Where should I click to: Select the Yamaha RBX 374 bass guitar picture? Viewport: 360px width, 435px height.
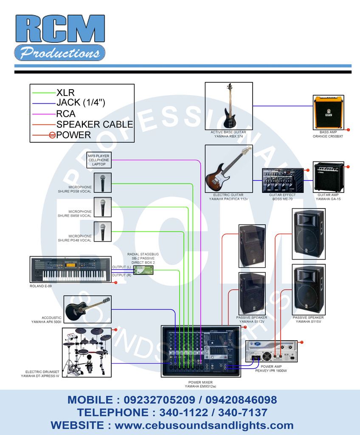(229, 106)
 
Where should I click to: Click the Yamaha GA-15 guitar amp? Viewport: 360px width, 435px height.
(328, 177)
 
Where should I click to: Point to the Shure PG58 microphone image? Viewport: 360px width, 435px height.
(102, 183)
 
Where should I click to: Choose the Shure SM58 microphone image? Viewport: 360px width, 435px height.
(102, 207)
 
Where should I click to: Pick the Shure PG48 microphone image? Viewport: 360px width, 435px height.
(102, 232)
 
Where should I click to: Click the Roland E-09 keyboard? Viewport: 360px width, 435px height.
(70, 269)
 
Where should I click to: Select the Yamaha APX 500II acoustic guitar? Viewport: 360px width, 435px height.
(88, 309)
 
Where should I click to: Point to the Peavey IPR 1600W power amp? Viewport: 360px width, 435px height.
(272, 351)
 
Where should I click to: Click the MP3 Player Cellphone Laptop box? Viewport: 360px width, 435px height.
(98, 160)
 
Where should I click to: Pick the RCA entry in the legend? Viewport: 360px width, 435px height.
(66, 113)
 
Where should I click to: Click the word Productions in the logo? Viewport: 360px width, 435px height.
(59, 53)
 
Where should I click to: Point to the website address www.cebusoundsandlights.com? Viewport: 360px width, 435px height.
(204, 425)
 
